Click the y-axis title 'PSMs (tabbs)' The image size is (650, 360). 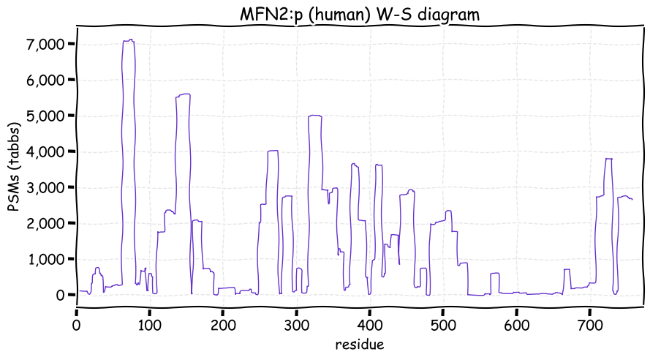(x=14, y=168)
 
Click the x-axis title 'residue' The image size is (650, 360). (x=359, y=344)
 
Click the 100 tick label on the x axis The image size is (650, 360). (x=149, y=323)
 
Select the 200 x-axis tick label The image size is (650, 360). (x=223, y=323)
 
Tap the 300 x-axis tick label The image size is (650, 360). (x=296, y=323)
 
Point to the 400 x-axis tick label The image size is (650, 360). (x=369, y=323)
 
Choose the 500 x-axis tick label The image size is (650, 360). (x=443, y=323)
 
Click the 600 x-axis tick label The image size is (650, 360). (x=516, y=323)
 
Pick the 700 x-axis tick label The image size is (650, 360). (x=589, y=323)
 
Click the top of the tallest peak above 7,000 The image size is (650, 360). (x=129, y=40)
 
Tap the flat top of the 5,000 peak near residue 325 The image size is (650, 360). (x=315, y=116)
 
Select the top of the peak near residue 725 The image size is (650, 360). (x=608, y=159)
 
